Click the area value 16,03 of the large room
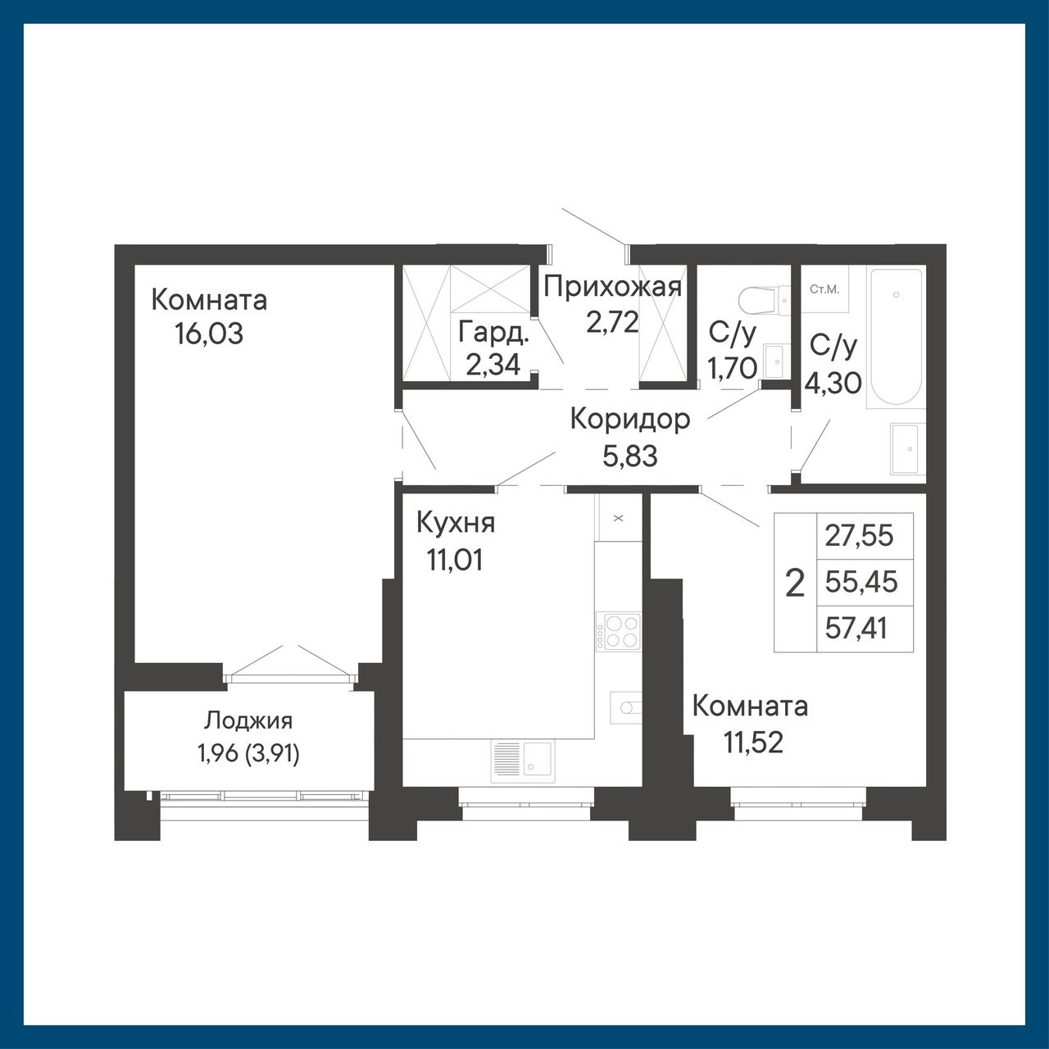pos(208,334)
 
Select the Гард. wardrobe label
pos(493,333)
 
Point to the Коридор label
pos(630,420)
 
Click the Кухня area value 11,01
pos(455,560)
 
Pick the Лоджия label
pos(248,721)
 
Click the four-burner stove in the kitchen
pos(619,631)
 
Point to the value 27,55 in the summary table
pos(859,536)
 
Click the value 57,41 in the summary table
pos(856,629)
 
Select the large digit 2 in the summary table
pos(795,583)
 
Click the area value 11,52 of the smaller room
pos(753,742)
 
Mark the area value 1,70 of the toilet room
pos(732,369)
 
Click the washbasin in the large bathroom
pos(906,448)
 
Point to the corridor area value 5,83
pos(630,456)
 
